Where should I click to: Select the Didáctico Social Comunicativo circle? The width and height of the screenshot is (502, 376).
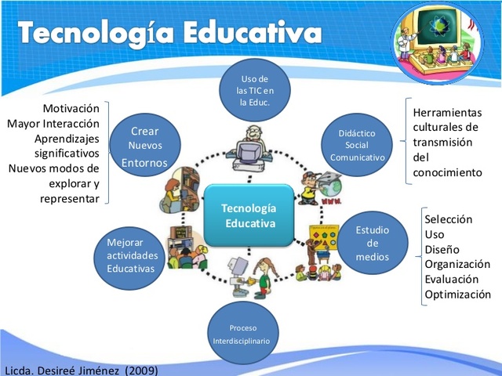(357, 144)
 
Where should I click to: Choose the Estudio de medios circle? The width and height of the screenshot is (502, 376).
(373, 243)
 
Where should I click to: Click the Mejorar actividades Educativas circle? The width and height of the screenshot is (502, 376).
(131, 255)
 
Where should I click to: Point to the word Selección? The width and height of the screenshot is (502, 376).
(449, 219)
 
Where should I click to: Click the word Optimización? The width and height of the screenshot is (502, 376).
(458, 295)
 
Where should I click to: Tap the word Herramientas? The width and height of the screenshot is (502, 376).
(447, 113)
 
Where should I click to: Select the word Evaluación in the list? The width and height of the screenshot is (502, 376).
(453, 280)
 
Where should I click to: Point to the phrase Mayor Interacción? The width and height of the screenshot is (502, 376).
(53, 123)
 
